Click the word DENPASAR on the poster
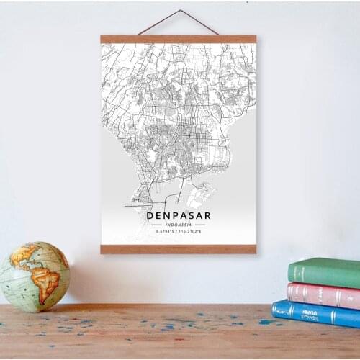(178, 215)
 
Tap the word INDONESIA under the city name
(178, 225)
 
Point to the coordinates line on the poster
(178, 231)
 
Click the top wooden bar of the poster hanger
(178, 39)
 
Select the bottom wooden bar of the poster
(178, 249)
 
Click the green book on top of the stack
(325, 271)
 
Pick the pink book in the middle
(324, 294)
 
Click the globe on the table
(35, 276)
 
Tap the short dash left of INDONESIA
(156, 225)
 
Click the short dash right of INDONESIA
(199, 225)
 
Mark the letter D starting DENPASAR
(150, 215)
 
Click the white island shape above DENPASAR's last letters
(199, 193)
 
